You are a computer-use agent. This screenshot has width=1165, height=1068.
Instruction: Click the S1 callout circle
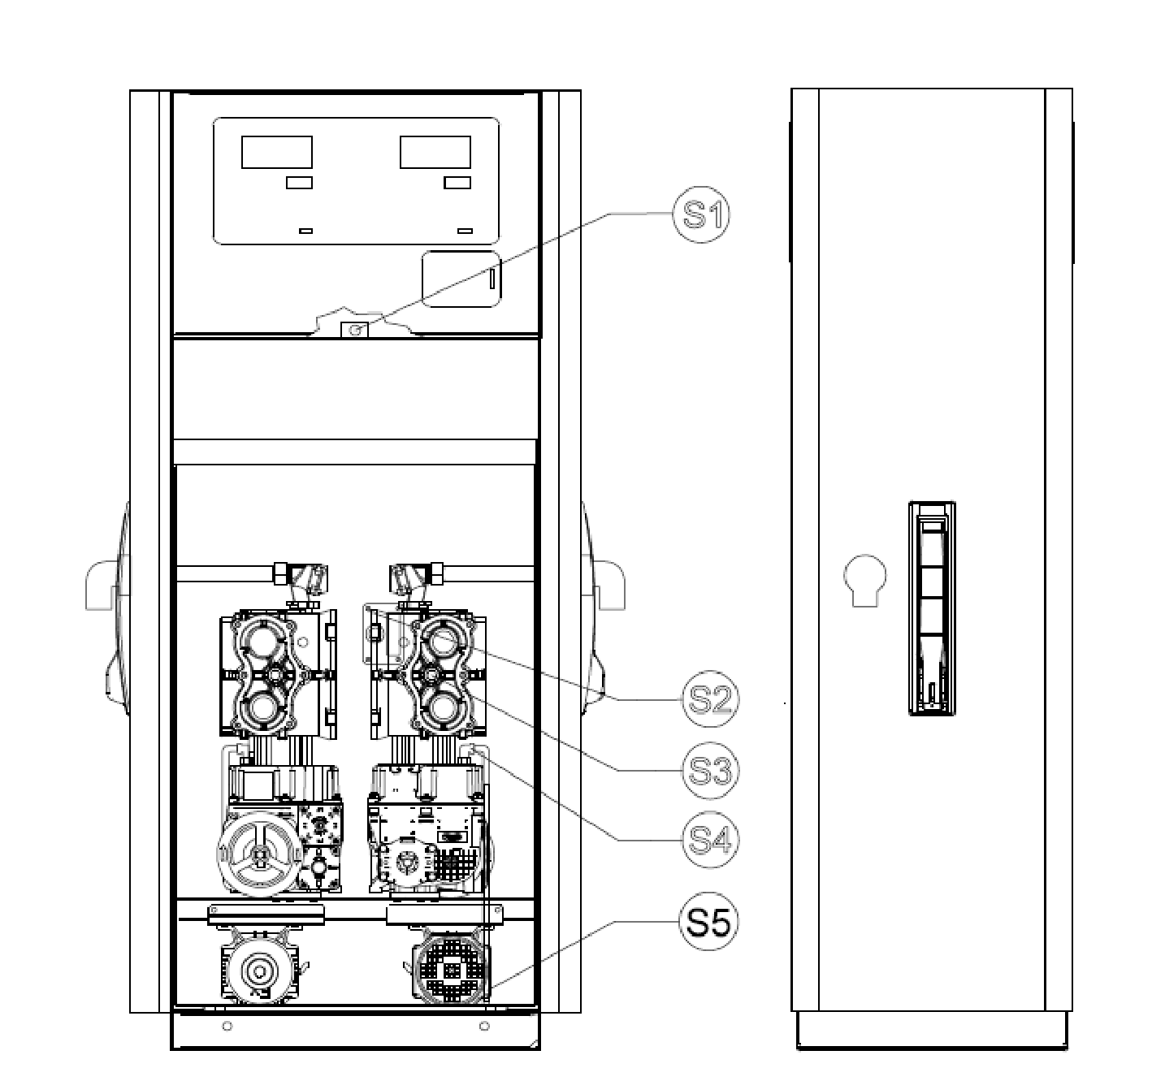coord(700,214)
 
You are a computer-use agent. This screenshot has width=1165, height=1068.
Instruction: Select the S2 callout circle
coord(710,699)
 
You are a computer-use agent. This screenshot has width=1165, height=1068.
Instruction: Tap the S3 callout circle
coord(710,770)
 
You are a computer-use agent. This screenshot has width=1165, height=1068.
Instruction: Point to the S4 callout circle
coord(710,840)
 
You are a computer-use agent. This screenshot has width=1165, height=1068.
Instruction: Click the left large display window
coord(276,152)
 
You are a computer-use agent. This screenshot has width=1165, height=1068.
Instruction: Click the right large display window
coord(435,152)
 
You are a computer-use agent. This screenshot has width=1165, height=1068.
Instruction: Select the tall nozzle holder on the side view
coord(932,608)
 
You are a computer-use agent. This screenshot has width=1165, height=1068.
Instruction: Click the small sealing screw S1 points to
coord(355,331)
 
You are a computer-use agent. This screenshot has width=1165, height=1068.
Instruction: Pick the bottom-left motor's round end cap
coord(259,971)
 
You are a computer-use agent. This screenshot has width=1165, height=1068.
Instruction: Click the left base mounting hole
coord(227,1027)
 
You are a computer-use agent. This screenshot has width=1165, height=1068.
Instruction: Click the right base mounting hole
coord(483,1027)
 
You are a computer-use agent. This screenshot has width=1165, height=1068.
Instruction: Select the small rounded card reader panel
coord(461,279)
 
